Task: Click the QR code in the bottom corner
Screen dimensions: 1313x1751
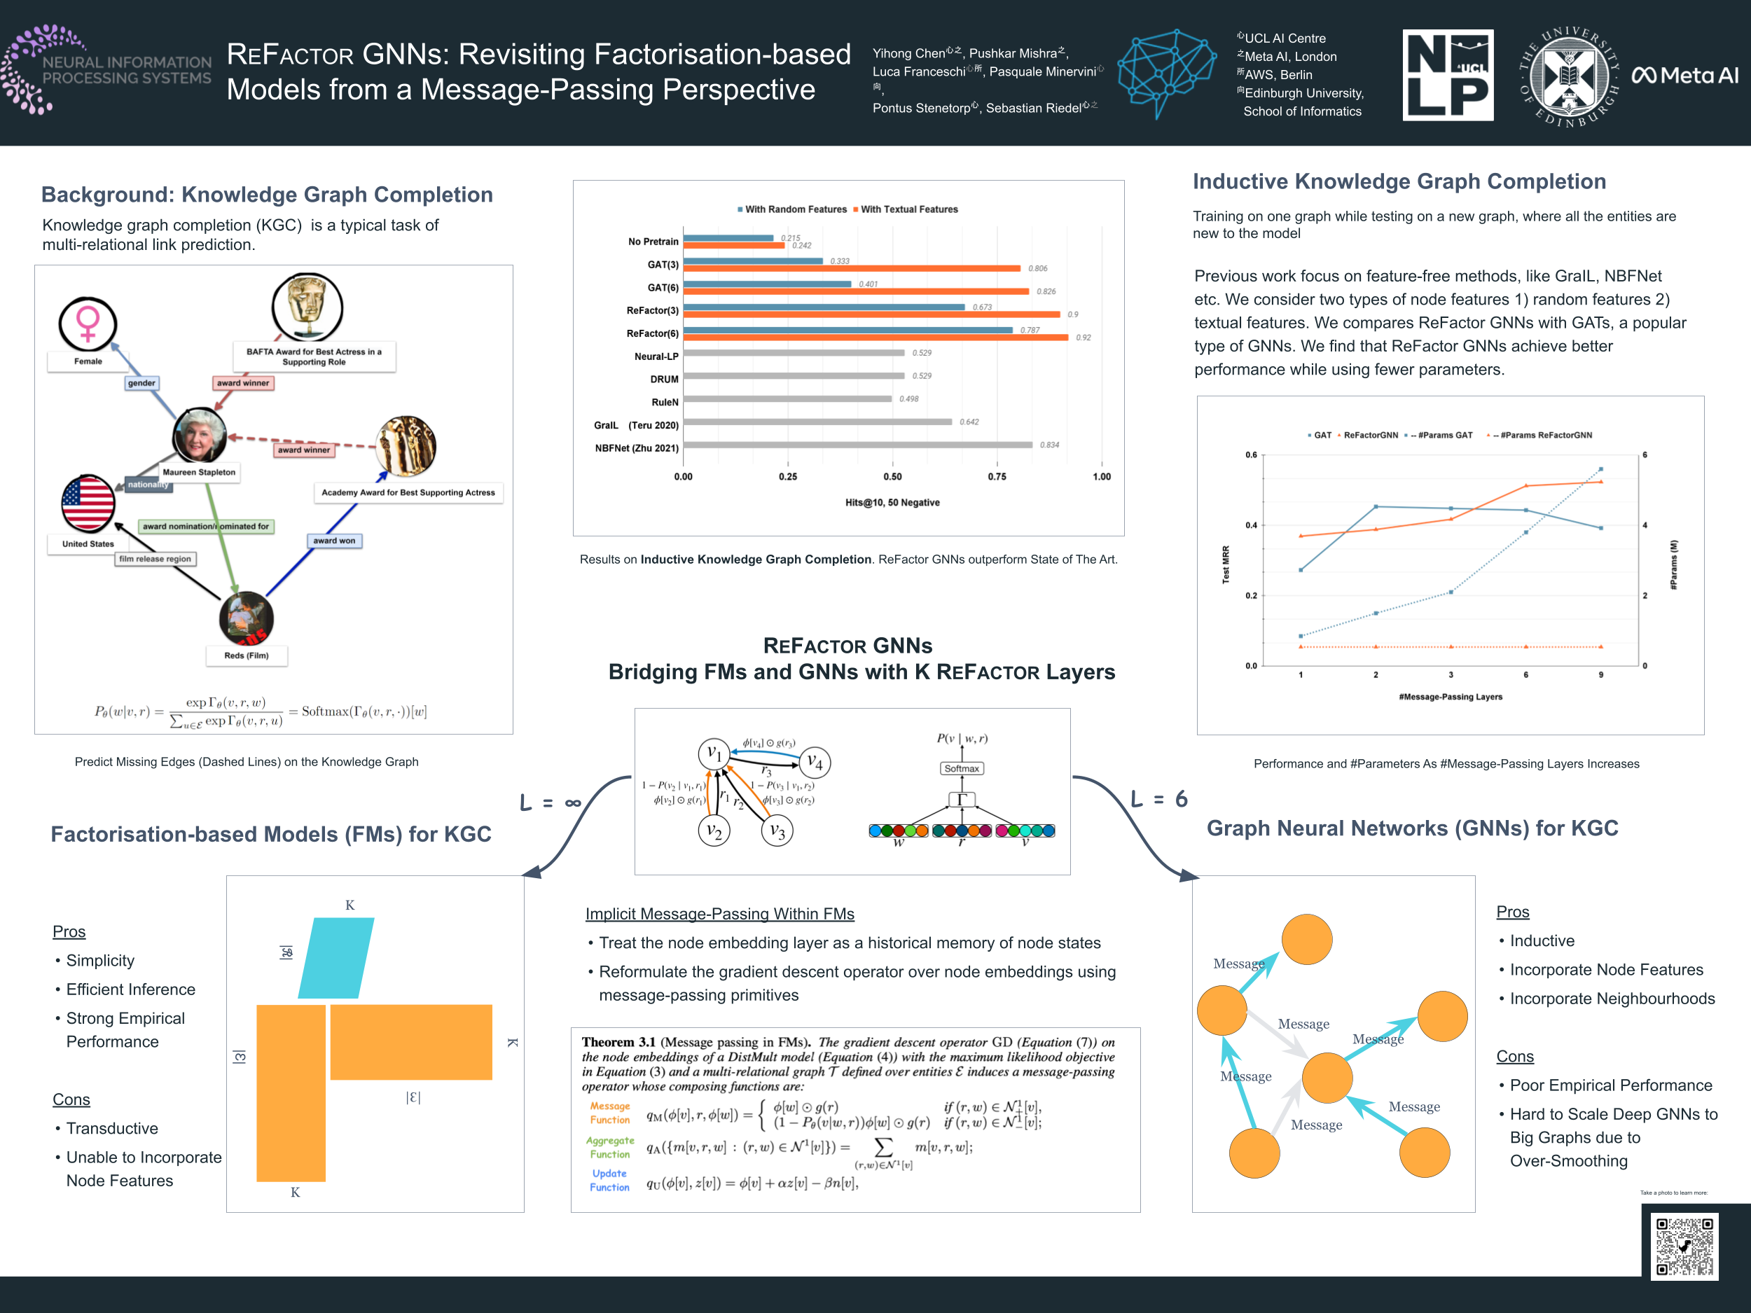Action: point(1684,1246)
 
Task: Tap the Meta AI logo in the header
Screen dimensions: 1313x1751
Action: point(1684,75)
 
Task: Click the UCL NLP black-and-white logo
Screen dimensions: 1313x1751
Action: point(1448,75)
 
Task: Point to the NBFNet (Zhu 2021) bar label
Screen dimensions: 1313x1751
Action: point(637,448)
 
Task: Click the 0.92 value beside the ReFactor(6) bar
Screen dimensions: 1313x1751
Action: point(1083,338)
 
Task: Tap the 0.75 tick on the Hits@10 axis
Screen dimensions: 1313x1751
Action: point(997,476)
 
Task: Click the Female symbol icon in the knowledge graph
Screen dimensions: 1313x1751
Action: point(88,324)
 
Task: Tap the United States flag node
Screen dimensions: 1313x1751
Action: point(88,503)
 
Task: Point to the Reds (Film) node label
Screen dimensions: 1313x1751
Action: point(246,655)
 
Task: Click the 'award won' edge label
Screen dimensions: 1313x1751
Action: point(334,541)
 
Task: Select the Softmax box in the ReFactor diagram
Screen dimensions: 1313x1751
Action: point(961,768)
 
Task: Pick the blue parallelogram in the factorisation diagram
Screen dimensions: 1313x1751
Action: point(335,958)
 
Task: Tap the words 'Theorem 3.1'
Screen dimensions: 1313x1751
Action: point(618,1042)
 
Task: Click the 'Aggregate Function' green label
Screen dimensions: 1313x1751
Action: point(610,1148)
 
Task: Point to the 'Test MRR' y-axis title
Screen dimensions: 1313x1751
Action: point(1226,564)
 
